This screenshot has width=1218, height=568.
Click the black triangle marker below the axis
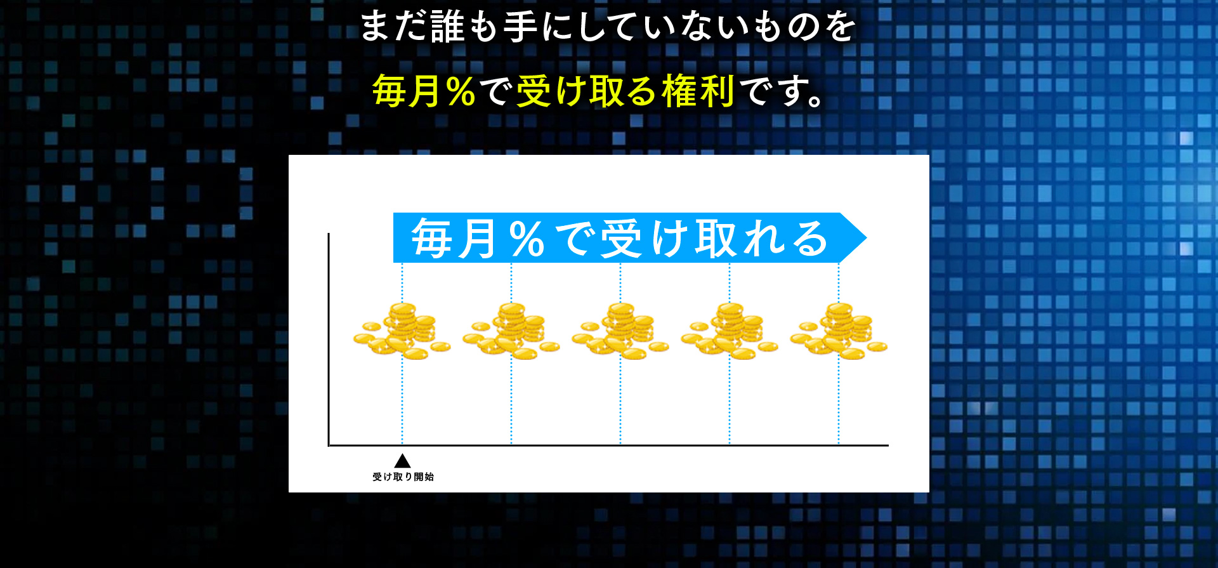pyautogui.click(x=402, y=461)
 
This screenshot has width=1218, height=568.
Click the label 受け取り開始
pyautogui.click(x=403, y=477)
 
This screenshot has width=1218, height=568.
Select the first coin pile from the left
pyautogui.click(x=402, y=331)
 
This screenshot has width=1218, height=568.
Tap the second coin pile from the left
pyautogui.click(x=511, y=331)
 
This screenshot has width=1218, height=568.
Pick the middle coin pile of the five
pyautogui.click(x=620, y=331)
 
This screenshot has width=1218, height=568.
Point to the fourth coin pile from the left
pyautogui.click(x=730, y=331)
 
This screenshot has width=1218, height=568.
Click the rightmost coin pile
pyautogui.click(x=839, y=331)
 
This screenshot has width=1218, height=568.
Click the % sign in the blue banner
pyautogui.click(x=527, y=239)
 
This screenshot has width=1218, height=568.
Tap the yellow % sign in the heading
pyautogui.click(x=461, y=91)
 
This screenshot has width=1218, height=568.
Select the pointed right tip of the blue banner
pyautogui.click(x=867, y=238)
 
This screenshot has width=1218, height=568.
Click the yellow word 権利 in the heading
pyautogui.click(x=698, y=91)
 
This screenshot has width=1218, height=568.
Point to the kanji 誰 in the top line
pyautogui.click(x=448, y=27)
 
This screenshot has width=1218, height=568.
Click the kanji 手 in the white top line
pyautogui.click(x=521, y=27)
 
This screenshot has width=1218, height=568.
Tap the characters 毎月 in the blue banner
pyautogui.click(x=454, y=239)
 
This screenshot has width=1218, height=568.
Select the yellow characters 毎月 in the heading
pyautogui.click(x=407, y=91)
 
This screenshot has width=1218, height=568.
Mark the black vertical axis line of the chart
pyautogui.click(x=329, y=340)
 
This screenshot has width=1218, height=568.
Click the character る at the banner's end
pyautogui.click(x=810, y=239)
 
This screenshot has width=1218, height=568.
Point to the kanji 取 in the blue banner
pyautogui.click(x=716, y=239)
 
